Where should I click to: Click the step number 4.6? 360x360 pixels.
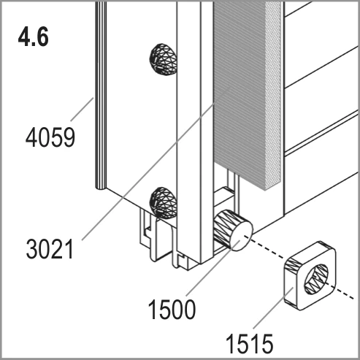34,37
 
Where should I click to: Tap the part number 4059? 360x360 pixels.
50,138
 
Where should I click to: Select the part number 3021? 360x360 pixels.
50,249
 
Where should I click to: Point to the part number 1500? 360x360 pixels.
172,310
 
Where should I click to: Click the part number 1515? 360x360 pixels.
250,344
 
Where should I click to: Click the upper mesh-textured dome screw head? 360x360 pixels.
163,60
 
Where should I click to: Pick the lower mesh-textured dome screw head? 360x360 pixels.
163,202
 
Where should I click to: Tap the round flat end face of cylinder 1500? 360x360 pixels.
242,236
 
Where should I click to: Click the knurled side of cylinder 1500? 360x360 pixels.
224,227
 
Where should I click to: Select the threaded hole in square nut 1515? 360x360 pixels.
316,279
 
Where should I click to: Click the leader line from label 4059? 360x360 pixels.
82,109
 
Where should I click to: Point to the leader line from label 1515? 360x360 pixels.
273,308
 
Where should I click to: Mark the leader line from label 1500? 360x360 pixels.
213,268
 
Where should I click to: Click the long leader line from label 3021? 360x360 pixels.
156,163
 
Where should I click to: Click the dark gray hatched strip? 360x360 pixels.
240,95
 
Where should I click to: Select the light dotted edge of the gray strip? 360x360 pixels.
273,93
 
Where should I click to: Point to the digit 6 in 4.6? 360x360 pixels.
42,37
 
